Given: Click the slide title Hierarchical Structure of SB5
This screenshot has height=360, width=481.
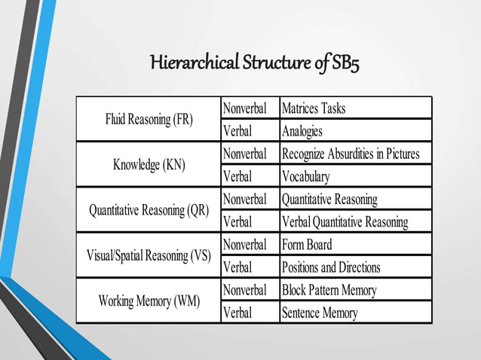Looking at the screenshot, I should (255, 62).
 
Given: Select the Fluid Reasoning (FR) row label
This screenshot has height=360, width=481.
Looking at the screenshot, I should (149, 119).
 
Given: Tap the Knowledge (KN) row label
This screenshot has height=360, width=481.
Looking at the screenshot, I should (149, 164).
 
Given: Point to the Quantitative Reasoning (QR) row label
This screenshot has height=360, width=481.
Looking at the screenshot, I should (149, 210).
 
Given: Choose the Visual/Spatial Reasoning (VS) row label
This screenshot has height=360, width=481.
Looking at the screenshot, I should (149, 255).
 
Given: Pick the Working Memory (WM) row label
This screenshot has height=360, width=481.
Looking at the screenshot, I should (149, 301).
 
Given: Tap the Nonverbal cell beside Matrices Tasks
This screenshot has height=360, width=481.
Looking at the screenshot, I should (245, 108).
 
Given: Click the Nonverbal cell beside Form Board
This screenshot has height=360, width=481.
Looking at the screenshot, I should (245, 245).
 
